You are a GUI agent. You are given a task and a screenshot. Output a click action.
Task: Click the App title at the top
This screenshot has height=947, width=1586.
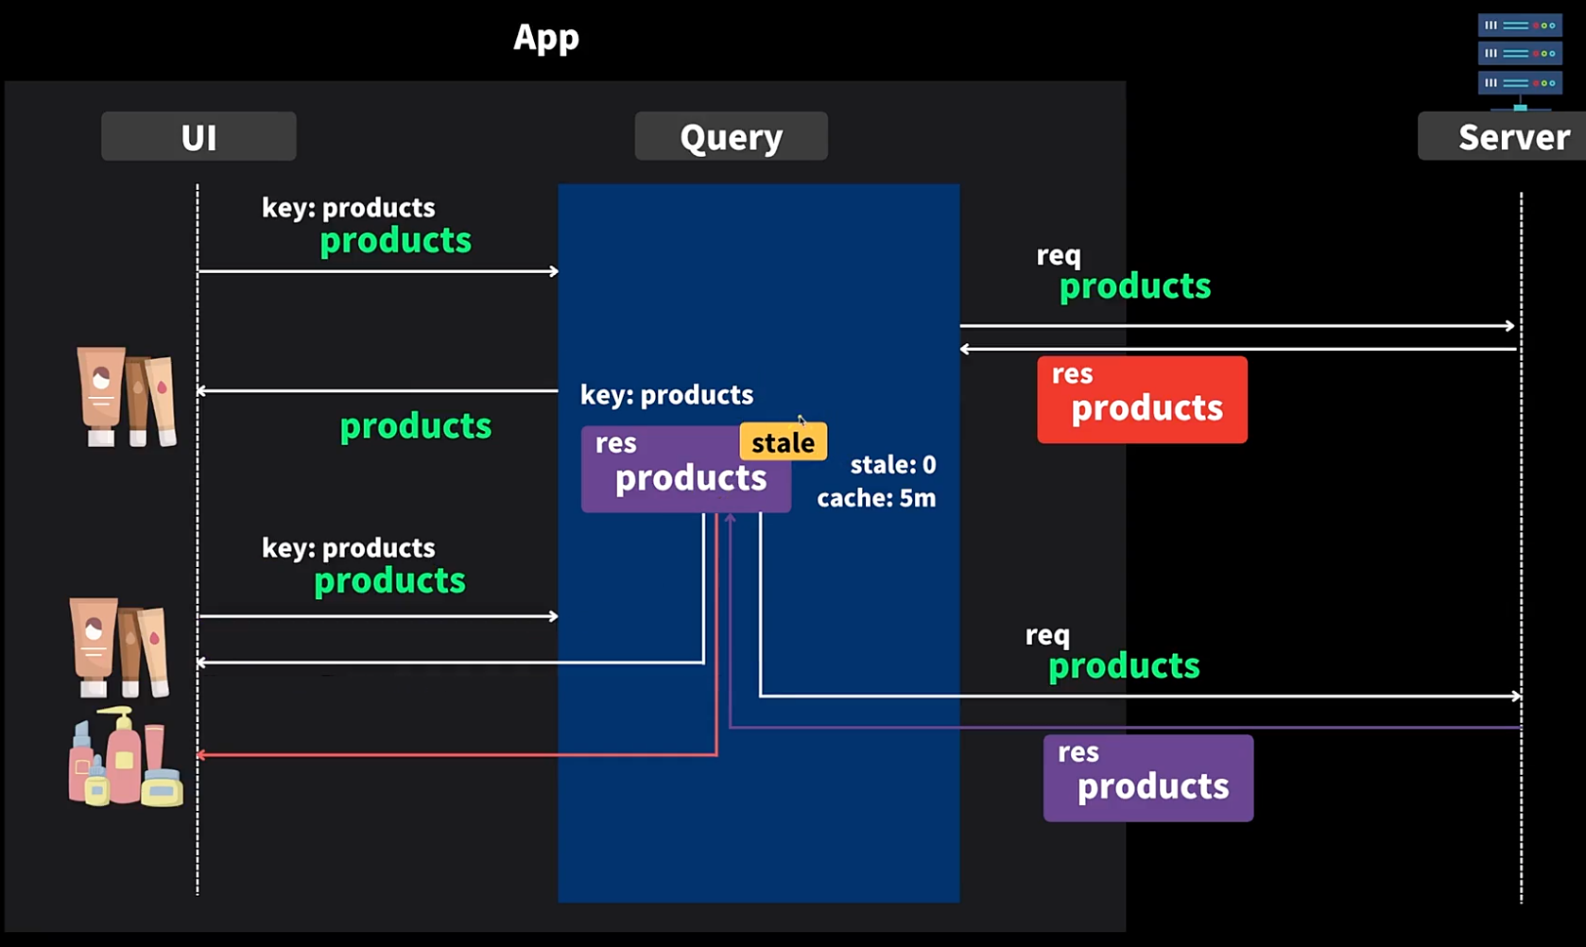(546, 37)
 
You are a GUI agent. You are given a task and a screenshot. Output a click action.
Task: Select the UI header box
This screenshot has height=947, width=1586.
(198, 136)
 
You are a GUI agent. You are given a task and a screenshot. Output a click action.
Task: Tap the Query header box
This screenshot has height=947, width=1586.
(732, 136)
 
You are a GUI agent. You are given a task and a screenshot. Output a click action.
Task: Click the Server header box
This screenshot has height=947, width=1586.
(1503, 136)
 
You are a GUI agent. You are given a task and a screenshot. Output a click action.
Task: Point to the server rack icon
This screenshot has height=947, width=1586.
(1520, 61)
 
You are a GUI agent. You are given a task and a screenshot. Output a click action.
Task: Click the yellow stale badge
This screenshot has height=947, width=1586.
(784, 441)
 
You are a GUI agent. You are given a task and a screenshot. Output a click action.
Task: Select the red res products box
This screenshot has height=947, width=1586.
(1142, 400)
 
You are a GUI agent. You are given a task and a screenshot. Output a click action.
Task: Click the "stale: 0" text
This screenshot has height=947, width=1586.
(893, 464)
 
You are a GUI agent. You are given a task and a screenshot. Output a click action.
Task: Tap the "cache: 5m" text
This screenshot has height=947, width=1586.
(876, 497)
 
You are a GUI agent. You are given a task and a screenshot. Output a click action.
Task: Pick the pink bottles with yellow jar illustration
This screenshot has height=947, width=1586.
(126, 757)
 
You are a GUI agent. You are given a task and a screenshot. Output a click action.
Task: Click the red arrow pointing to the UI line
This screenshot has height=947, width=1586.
(457, 755)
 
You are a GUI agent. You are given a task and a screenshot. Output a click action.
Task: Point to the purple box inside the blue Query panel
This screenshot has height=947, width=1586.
(686, 470)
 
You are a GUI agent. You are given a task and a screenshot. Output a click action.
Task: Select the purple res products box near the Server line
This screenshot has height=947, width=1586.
(1148, 778)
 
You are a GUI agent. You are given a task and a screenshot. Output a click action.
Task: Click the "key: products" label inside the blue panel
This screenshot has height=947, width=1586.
(667, 394)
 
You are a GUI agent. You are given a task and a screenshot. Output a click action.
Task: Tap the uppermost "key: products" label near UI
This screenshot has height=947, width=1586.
(349, 207)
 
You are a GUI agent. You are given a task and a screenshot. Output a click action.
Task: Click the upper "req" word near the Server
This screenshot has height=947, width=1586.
(1059, 255)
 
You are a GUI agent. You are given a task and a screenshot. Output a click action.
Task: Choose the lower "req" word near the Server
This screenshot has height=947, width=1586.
(1047, 635)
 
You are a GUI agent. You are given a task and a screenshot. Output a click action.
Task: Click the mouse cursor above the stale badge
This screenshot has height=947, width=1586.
(802, 420)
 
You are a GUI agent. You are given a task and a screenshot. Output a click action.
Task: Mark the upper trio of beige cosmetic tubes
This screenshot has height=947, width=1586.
(126, 396)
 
